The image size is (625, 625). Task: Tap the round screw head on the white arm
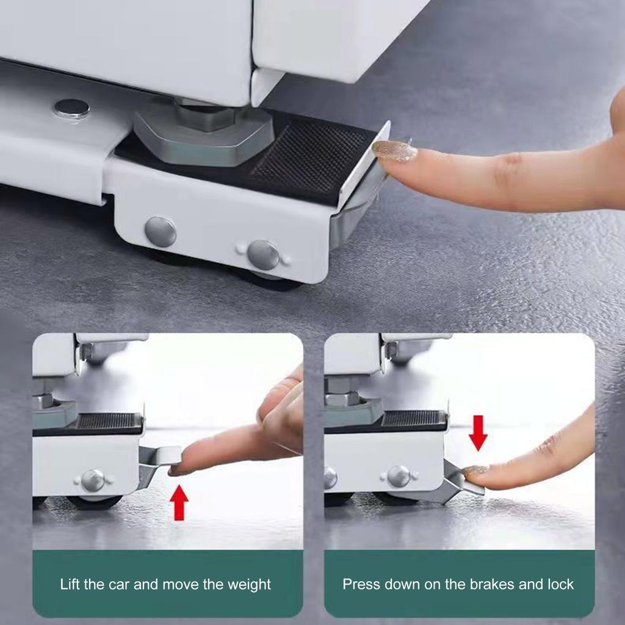pyautogui.click(x=71, y=109)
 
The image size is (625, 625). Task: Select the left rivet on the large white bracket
pyautogui.click(x=161, y=232)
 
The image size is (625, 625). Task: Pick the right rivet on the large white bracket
pyautogui.click(x=263, y=255)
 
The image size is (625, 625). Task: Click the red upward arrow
pyautogui.click(x=179, y=502)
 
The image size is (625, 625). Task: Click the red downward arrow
pyautogui.click(x=478, y=432)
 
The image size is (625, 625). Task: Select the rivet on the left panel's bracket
pyautogui.click(x=93, y=480)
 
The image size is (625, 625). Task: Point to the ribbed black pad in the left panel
pyautogui.click(x=109, y=421)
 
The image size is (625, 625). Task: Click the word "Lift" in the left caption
pyautogui.click(x=70, y=584)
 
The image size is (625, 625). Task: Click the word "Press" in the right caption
pyautogui.click(x=361, y=584)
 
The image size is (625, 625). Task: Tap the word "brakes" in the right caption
pyautogui.click(x=492, y=584)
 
